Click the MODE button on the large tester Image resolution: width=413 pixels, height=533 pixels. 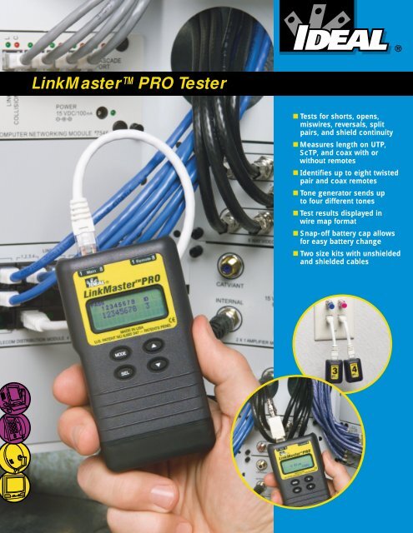120,352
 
